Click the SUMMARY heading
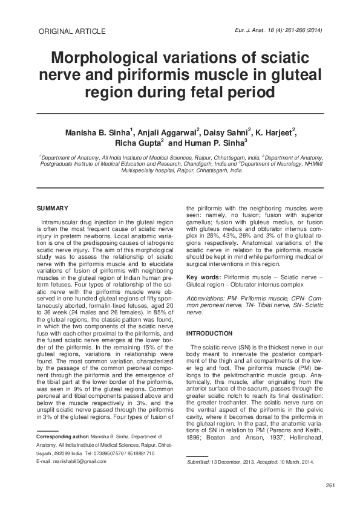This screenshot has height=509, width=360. pyautogui.click(x=52, y=209)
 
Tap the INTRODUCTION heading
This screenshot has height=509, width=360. pyautogui.click(x=209, y=333)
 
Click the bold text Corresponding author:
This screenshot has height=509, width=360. pyautogui.click(x=62, y=436)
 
